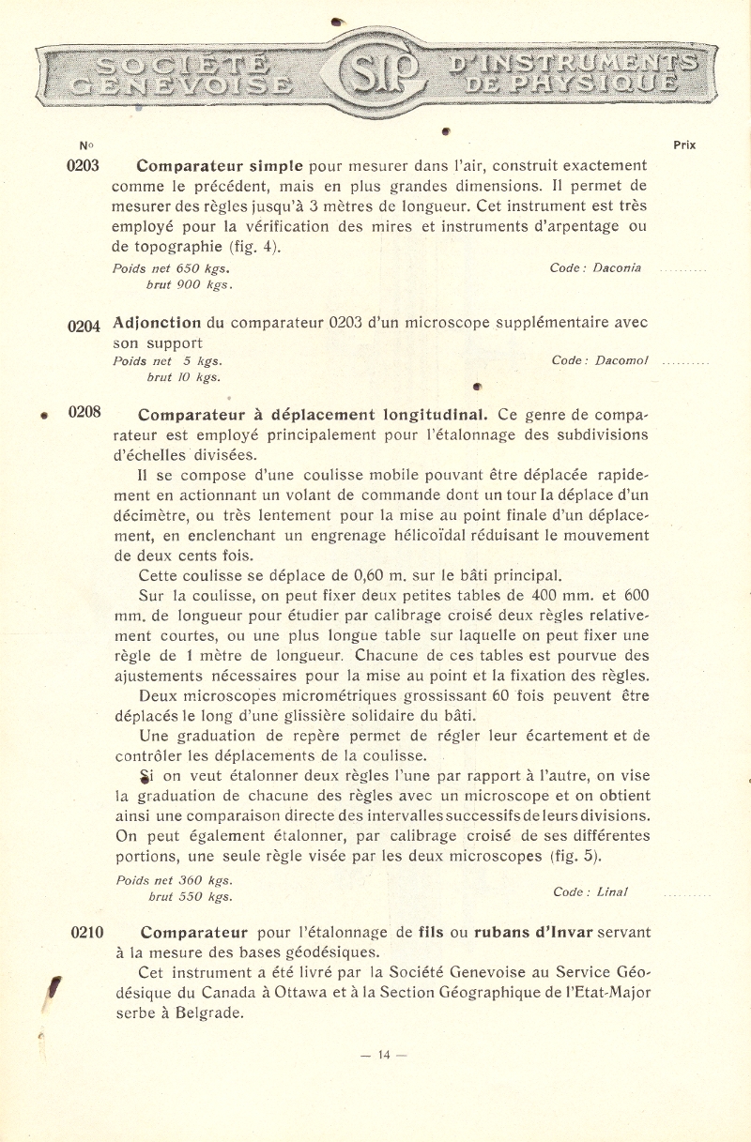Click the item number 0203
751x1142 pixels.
coord(84,165)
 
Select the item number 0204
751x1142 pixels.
coord(84,327)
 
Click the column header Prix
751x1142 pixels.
coord(684,145)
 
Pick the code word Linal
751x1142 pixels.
coord(611,891)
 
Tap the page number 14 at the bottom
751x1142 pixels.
coord(383,1055)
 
